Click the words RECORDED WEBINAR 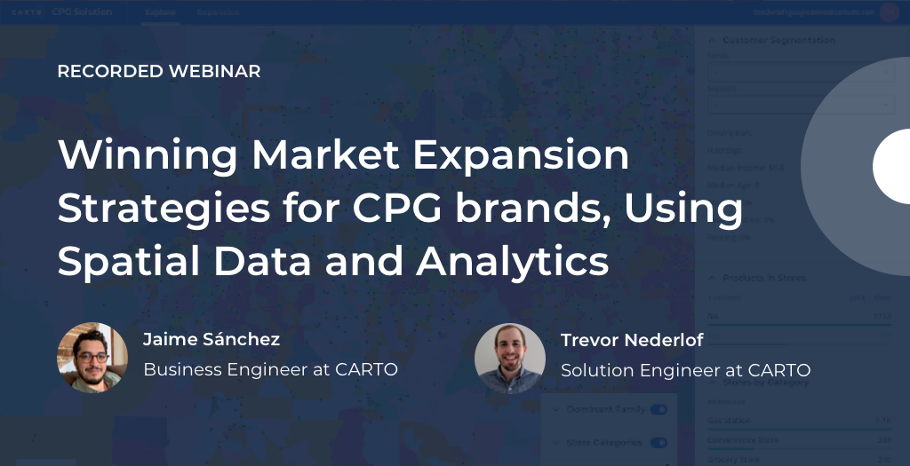pyautogui.click(x=159, y=72)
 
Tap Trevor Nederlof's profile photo pyautogui.click(x=510, y=358)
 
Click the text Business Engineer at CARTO pyautogui.click(x=270, y=369)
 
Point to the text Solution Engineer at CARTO pyautogui.click(x=685, y=369)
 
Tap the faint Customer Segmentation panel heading pyautogui.click(x=778, y=40)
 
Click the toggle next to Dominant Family pyautogui.click(x=659, y=409)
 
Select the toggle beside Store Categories pyautogui.click(x=659, y=442)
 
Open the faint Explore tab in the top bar pyautogui.click(x=161, y=13)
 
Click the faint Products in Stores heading pyautogui.click(x=764, y=278)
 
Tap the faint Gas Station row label pyautogui.click(x=730, y=420)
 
